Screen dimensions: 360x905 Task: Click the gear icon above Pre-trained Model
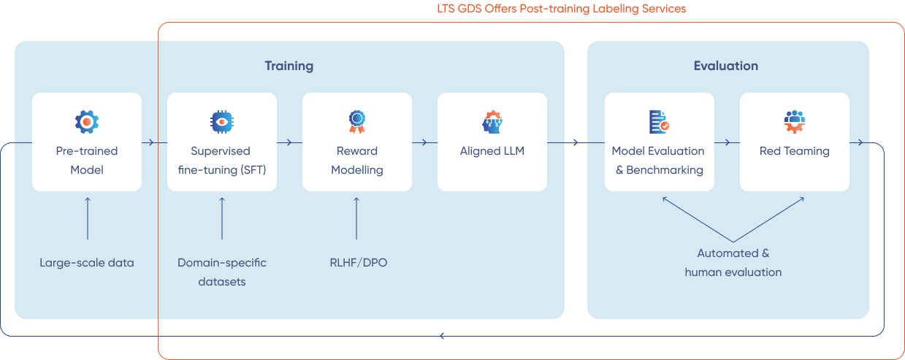coord(87,121)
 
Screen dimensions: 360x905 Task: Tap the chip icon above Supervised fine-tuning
coord(221,121)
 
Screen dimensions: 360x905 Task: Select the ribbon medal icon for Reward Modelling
coord(356,121)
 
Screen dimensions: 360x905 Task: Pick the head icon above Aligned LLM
coord(492,121)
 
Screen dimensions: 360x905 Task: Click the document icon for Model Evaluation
coord(659,121)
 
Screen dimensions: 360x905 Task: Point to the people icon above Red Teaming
coord(794,121)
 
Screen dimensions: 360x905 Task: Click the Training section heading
coord(289,66)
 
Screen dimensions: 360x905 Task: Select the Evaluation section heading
coord(725,66)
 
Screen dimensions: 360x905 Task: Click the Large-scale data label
coord(87,262)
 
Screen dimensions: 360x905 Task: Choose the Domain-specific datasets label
coord(221,272)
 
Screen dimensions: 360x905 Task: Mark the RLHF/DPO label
coord(358,262)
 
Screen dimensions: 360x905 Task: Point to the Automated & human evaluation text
coord(733,263)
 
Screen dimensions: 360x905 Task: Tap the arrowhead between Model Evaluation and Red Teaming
coord(727,142)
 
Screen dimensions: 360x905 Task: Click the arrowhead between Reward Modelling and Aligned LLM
coord(424,142)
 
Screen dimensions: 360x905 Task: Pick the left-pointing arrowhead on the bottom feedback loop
coord(442,336)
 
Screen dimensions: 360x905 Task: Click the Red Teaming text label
coord(795,151)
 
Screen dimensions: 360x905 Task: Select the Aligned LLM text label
coord(492,151)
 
